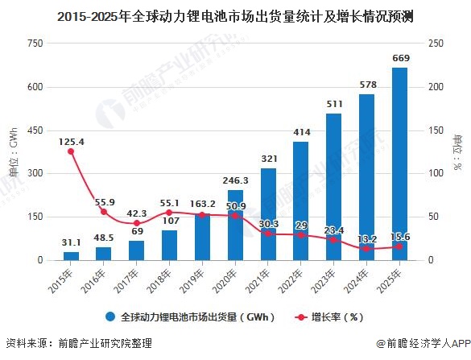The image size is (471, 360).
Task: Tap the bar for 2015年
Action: tap(71, 255)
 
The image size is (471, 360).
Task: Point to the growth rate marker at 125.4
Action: tap(71, 151)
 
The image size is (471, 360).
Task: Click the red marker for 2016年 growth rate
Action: tap(104, 212)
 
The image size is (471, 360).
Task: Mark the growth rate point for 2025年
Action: tap(400, 246)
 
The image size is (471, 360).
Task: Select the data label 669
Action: tap(400, 59)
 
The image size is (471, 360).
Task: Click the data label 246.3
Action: tap(235, 181)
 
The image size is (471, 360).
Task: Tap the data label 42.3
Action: tap(137, 213)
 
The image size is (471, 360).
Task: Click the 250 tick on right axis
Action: tap(435, 43)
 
